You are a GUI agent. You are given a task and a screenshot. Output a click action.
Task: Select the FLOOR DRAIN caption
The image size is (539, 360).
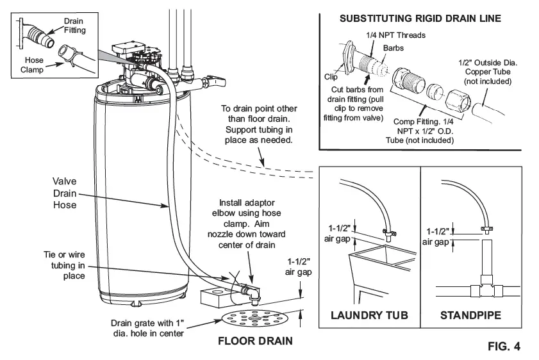click(x=255, y=340)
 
